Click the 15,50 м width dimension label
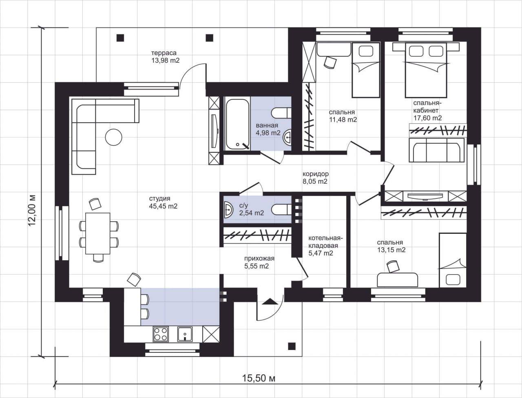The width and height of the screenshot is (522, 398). pyautogui.click(x=259, y=378)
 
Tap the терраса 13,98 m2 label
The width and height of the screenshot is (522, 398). pyautogui.click(x=165, y=57)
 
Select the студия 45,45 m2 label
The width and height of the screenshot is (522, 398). pyautogui.click(x=163, y=202)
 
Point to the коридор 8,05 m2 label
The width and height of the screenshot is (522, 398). pyautogui.click(x=316, y=178)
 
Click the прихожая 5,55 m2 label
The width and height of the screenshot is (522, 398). pyautogui.click(x=259, y=262)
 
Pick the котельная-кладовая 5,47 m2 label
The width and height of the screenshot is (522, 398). pyautogui.click(x=325, y=246)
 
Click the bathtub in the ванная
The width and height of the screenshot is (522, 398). pyautogui.click(x=238, y=124)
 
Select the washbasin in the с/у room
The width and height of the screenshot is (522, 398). pyautogui.click(x=229, y=210)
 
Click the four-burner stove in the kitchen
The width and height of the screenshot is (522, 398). pyautogui.click(x=161, y=334)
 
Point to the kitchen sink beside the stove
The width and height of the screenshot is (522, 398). pyautogui.click(x=185, y=334)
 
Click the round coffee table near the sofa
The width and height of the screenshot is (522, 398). pyautogui.click(x=114, y=137)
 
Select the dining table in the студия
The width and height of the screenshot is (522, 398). pyautogui.click(x=98, y=233)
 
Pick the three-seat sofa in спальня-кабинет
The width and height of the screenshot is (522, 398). pyautogui.click(x=437, y=150)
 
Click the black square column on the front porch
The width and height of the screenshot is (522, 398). pyautogui.click(x=292, y=346)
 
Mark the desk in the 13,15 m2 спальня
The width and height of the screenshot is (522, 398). pyautogui.click(x=397, y=280)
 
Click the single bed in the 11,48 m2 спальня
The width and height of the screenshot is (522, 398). pyautogui.click(x=366, y=70)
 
